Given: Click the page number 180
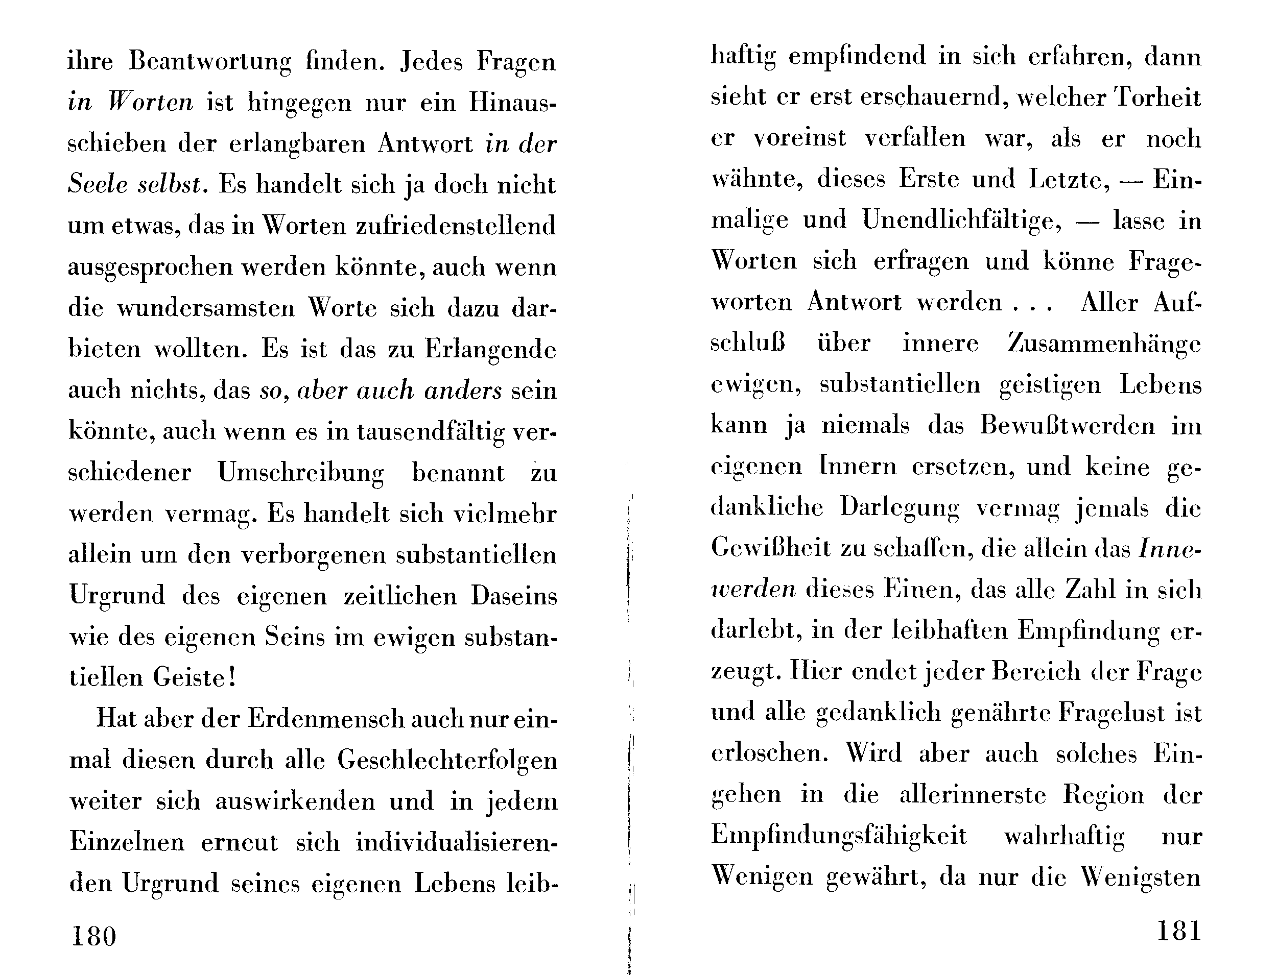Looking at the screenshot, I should coord(93,936).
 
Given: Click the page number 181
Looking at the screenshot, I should coord(1178,932).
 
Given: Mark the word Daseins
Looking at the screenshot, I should coord(513,597).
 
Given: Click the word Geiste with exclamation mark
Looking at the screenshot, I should coord(195,678).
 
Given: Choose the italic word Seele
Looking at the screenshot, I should coord(98,185).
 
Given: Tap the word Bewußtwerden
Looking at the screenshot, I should coord(1068,426).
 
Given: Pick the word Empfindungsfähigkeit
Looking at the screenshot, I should coord(839,836).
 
